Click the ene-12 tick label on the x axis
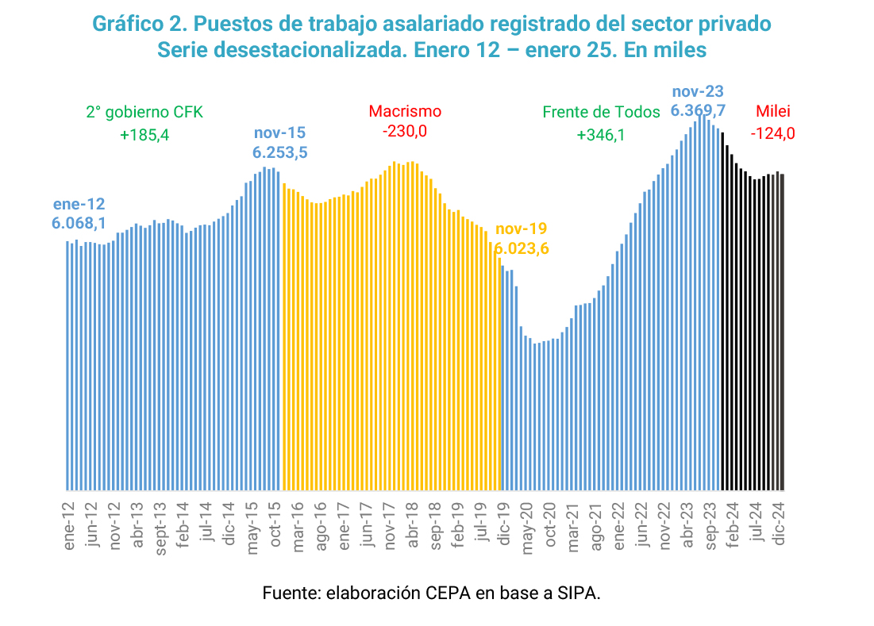point(70,524)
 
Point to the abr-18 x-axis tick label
point(413,525)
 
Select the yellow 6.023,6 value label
point(522,248)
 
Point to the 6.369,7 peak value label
point(699,109)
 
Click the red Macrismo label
point(405,112)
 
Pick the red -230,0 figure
point(405,131)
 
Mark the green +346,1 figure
point(601,135)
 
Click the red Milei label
point(772,112)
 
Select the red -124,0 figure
point(772,133)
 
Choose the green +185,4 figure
point(144,135)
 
